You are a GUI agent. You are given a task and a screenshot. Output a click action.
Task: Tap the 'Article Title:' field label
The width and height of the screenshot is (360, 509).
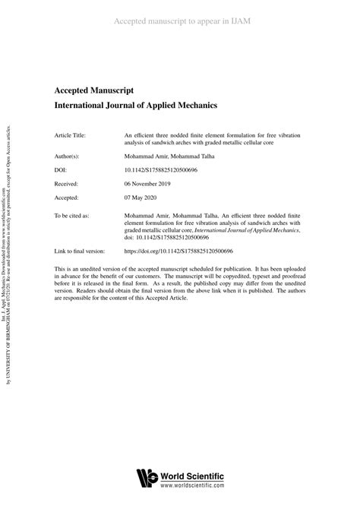tap(71, 135)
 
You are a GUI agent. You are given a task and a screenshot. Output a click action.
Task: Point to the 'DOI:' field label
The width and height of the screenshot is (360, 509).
tap(62, 170)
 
